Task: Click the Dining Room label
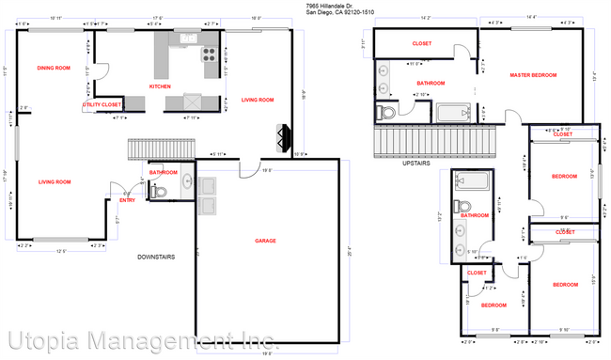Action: pyautogui.click(x=53, y=68)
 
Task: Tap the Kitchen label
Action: pyautogui.click(x=160, y=86)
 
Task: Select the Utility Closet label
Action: pyautogui.click(x=102, y=104)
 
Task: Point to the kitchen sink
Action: pyautogui.click(x=188, y=39)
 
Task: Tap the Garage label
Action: pyautogui.click(x=265, y=241)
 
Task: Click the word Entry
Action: pyautogui.click(x=127, y=199)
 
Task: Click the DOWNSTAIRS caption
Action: pyautogui.click(x=158, y=257)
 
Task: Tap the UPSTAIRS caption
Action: pyautogui.click(x=415, y=162)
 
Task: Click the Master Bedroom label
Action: pyautogui.click(x=533, y=75)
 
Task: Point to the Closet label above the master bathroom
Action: pyautogui.click(x=422, y=43)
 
